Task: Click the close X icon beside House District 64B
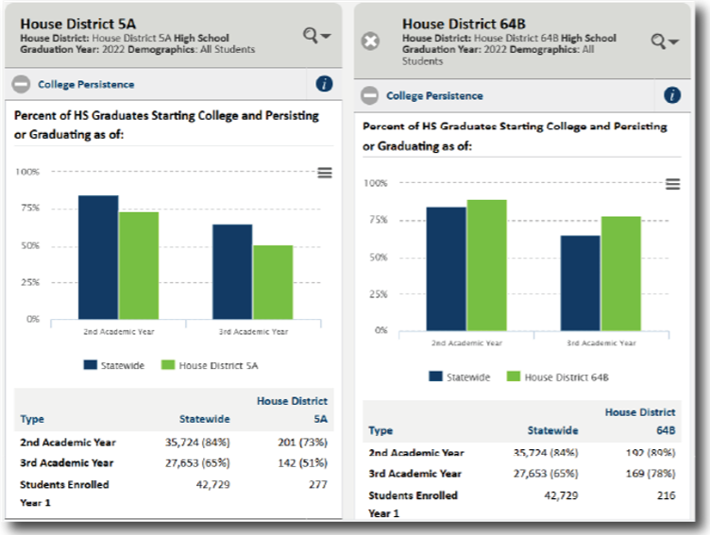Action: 372,42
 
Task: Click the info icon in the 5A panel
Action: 324,84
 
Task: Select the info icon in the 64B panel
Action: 672,95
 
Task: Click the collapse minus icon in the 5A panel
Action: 22,84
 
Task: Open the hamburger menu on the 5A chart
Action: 325,173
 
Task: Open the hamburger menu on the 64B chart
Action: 673,184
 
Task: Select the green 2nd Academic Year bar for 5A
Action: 139,265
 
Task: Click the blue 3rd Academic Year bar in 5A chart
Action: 232,271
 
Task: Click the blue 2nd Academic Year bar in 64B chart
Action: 447,268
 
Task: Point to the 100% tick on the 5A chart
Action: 27,172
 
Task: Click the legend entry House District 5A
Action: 210,365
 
